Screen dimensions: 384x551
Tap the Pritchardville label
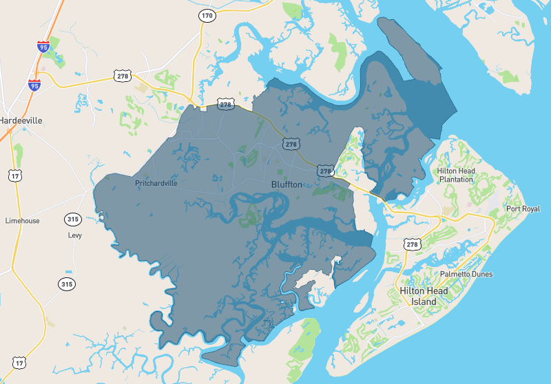coord(156,184)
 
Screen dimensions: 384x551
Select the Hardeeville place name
coord(21,120)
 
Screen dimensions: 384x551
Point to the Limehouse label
coord(23,221)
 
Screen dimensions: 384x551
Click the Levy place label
coord(75,235)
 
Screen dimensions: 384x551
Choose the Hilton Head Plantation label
coord(455,175)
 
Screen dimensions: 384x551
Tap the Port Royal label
coord(523,209)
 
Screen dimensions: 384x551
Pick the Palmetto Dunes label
coord(466,274)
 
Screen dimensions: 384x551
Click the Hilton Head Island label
coord(424,297)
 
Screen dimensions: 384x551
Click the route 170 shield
coord(207,14)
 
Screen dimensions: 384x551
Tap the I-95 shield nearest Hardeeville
coord(34,85)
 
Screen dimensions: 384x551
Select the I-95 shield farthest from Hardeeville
coord(43,47)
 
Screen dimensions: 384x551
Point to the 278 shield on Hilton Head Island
coord(412,244)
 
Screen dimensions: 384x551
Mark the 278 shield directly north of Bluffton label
coord(291,144)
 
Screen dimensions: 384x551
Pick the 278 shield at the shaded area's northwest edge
coord(225,105)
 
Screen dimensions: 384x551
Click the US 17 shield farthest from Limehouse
coord(19,362)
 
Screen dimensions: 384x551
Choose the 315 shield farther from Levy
coord(66,284)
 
